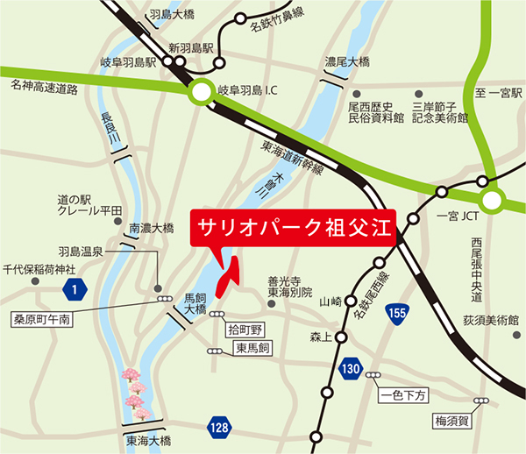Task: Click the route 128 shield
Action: pos(218,426)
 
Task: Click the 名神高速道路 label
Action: pos(44,88)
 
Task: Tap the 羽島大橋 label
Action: pos(172,15)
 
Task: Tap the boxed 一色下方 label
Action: pos(404,395)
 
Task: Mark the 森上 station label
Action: pos(323,335)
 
